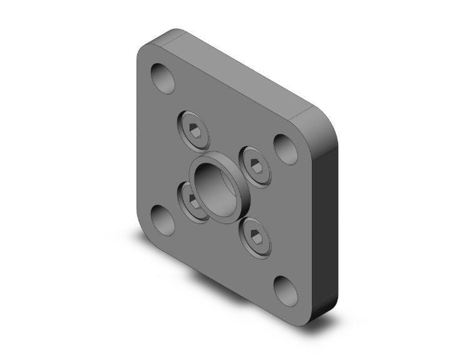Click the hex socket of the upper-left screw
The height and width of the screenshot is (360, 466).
coord(194,130)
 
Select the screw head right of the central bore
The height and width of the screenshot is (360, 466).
coord(256,165)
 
